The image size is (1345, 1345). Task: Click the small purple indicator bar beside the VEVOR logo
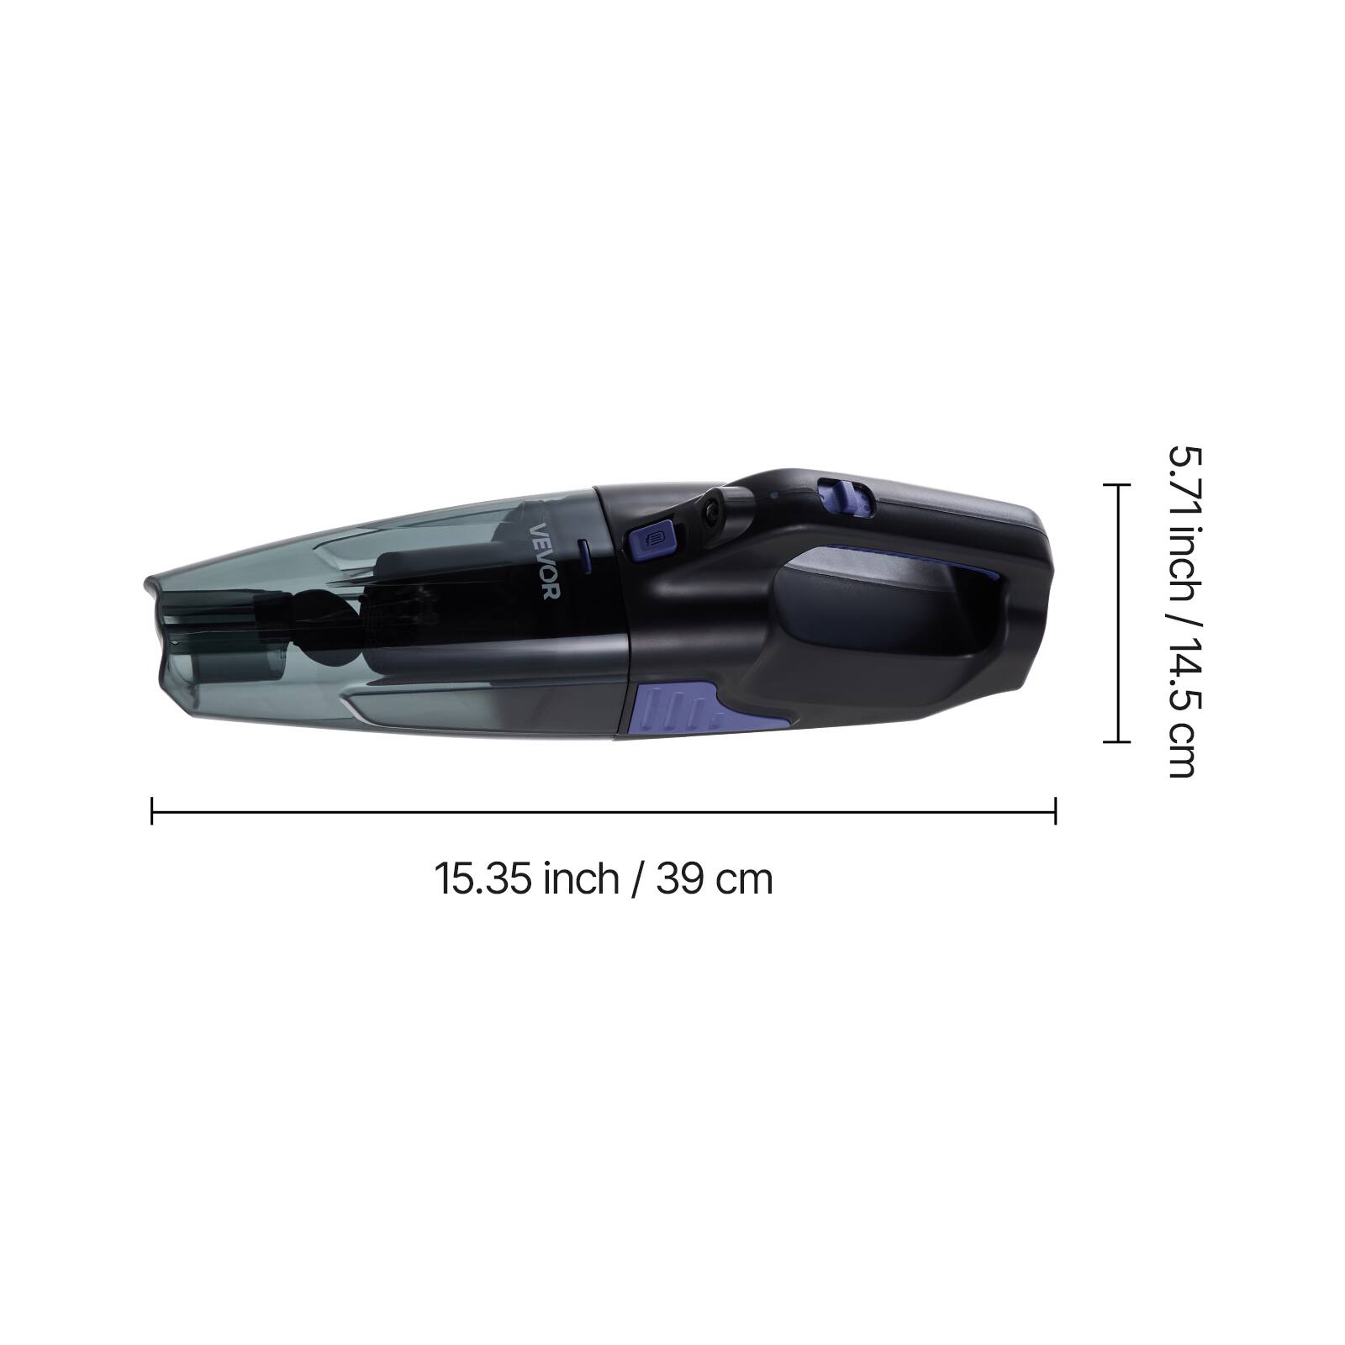(x=583, y=556)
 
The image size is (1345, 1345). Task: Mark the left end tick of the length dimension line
(x=151, y=810)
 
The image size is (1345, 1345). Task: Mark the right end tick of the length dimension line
(x=1055, y=810)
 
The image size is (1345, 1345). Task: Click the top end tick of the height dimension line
(x=1116, y=485)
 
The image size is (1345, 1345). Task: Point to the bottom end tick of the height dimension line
(x=1116, y=742)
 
